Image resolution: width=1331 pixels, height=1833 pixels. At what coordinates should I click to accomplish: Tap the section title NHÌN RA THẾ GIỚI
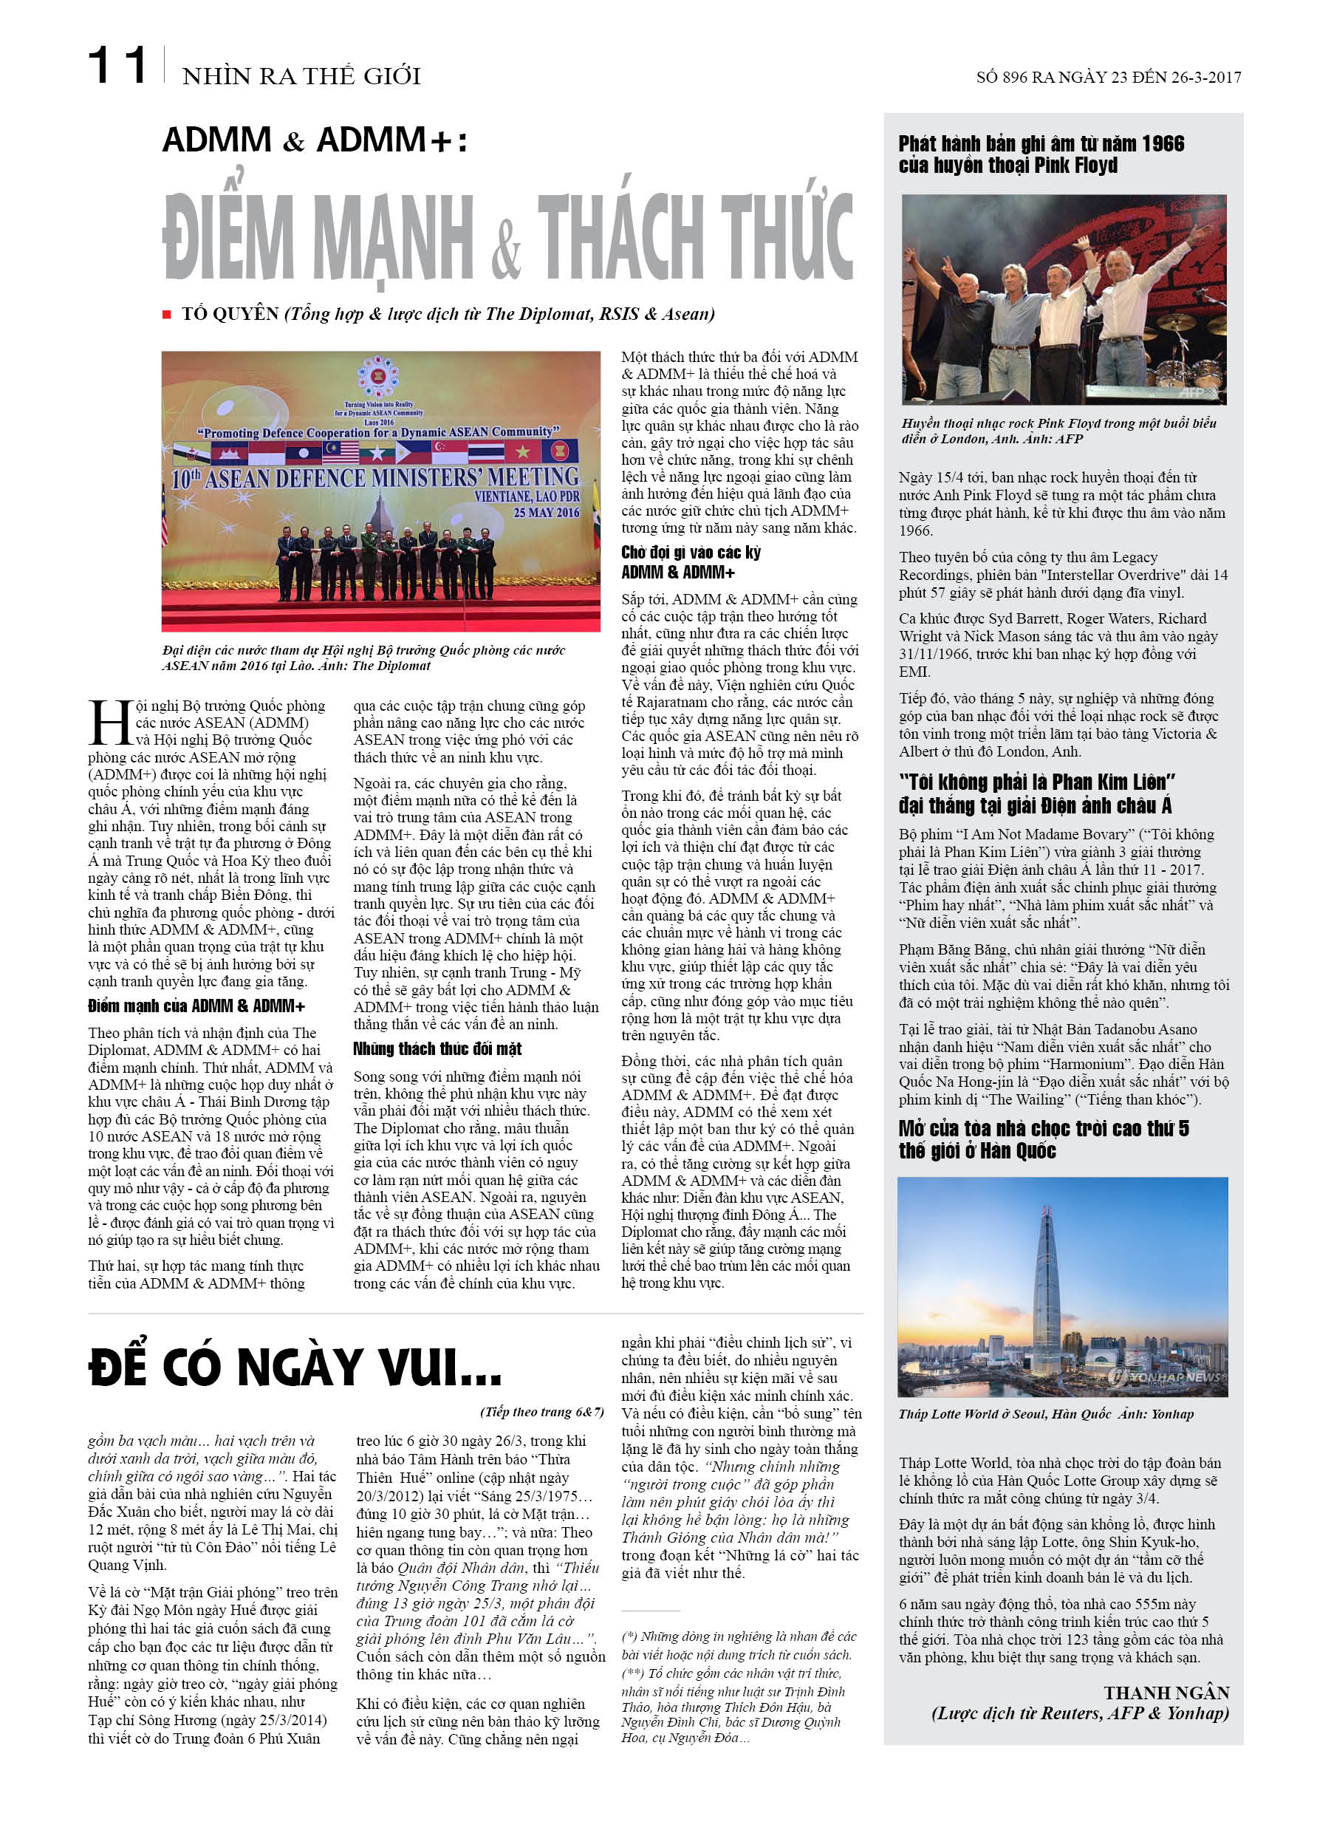pyautogui.click(x=301, y=76)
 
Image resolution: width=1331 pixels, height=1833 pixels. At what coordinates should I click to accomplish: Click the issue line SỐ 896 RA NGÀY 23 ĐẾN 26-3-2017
pyautogui.click(x=1108, y=78)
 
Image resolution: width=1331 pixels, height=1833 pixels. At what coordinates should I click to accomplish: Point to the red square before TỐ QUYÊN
pyautogui.click(x=166, y=315)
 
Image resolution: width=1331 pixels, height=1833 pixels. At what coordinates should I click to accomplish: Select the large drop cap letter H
pyautogui.click(x=110, y=723)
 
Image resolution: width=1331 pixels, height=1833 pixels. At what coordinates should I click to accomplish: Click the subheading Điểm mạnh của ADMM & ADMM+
pyautogui.click(x=196, y=1006)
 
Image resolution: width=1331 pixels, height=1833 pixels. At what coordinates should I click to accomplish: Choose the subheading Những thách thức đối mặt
pyautogui.click(x=437, y=1049)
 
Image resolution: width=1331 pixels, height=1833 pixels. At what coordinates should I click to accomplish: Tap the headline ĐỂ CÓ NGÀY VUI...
pyautogui.click(x=294, y=1367)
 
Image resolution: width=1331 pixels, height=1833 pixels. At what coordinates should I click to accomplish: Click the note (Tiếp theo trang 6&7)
pyautogui.click(x=541, y=1411)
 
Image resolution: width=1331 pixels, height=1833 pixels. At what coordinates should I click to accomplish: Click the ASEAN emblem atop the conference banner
pyautogui.click(x=377, y=378)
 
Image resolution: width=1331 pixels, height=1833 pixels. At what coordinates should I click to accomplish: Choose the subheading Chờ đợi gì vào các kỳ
pyautogui.click(x=690, y=553)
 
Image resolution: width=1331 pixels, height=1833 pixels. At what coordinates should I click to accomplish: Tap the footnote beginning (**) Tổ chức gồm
pyautogui.click(x=731, y=1673)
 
